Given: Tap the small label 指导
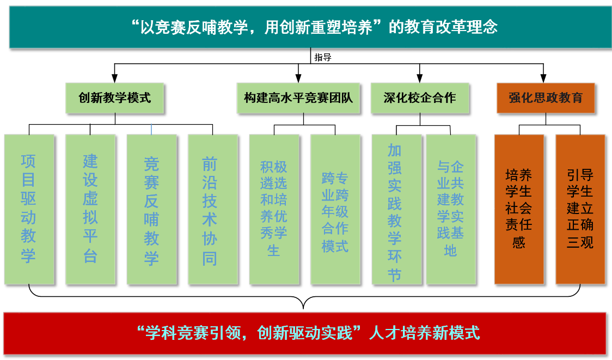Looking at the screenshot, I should point(323,57).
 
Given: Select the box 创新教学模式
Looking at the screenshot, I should point(114,98).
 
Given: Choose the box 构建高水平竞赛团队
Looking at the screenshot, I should point(298,98).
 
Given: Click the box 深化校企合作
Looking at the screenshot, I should point(419,98).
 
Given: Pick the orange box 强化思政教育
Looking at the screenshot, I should point(546,98).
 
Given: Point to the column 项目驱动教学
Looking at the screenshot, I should point(29,209).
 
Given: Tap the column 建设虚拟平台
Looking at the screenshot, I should point(90,209).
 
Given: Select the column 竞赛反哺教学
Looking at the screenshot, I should point(151,209).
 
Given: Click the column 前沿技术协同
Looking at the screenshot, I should point(212,209).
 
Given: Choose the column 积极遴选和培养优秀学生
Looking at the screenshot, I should point(274,209).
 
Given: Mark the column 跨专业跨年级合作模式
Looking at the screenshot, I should point(335,209).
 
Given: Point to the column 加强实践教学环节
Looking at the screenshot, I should point(396,209).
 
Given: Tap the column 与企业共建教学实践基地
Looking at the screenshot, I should point(450,209).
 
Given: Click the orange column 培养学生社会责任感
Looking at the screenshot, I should point(519,209).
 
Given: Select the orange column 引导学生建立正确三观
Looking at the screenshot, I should point(580,209).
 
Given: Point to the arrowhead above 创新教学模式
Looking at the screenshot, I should point(114,78).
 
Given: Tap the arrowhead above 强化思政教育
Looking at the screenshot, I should point(543,78).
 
